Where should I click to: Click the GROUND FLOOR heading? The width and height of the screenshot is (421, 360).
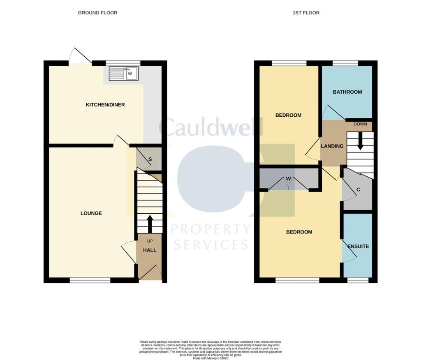pos(97,13)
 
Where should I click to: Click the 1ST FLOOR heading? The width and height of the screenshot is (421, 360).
pos(306,13)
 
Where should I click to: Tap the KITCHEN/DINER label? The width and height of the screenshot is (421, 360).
pos(105,105)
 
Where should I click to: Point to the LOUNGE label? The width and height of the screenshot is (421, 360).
pos(91,213)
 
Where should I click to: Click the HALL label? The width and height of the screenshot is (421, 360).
pos(150,250)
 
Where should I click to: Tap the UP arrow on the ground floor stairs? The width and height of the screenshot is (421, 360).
pos(149,224)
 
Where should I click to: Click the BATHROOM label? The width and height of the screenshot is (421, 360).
pos(347,92)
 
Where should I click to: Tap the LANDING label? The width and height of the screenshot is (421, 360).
pos(332,146)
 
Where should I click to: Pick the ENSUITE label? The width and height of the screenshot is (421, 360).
pos(358,247)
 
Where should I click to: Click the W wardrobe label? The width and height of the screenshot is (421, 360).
pos(289,178)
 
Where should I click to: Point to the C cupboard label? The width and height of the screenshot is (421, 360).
pos(358,189)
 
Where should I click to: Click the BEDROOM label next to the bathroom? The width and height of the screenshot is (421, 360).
pos(288,115)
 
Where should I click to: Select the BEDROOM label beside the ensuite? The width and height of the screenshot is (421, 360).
pos(299,232)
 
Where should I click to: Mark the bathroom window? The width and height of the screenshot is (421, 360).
pos(345,63)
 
